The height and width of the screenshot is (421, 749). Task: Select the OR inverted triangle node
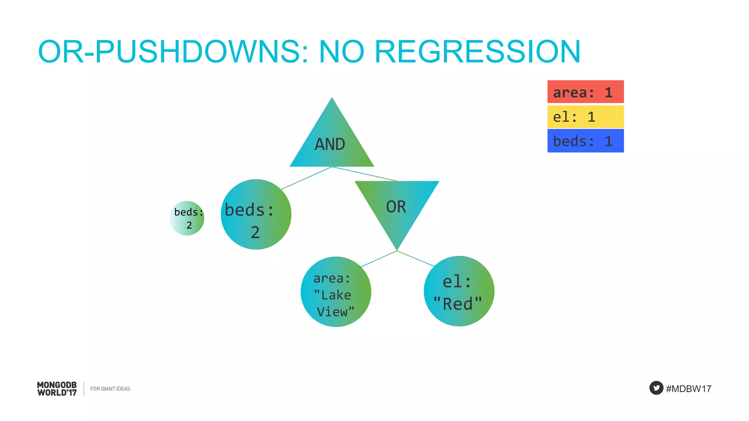tap(396, 206)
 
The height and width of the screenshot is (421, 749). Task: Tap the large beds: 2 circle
tap(256, 215)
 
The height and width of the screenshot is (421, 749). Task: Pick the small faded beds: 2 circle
tap(187, 218)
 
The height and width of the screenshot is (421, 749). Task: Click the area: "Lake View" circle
tap(336, 292)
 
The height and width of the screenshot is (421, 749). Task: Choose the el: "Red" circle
tap(459, 291)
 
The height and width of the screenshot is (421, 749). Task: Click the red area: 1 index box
tap(585, 92)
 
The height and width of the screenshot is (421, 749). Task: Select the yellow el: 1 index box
tap(585, 117)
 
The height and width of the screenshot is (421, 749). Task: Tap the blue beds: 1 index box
tap(585, 141)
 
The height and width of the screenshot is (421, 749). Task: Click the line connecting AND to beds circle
tap(306, 178)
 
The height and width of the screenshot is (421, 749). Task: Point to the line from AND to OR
tap(364, 174)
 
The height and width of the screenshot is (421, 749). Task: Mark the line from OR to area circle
tap(379, 259)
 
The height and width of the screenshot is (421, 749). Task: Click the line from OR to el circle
tap(416, 258)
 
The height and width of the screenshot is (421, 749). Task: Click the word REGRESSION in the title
tap(477, 52)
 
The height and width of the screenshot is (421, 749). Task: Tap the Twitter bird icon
tap(656, 388)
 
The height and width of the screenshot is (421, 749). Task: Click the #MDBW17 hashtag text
tap(688, 389)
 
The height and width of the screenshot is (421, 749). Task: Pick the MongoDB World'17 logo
tap(57, 389)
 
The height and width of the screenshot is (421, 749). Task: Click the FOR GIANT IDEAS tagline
tap(110, 389)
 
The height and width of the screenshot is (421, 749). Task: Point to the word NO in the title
tap(342, 52)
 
